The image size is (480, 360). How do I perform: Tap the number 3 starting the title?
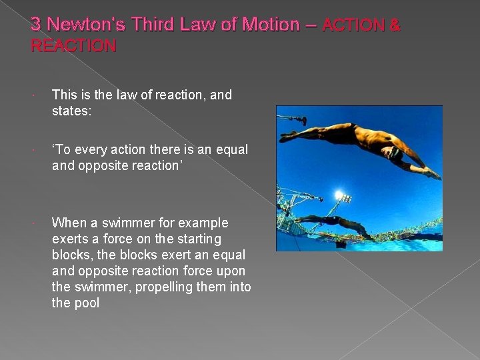point(35,25)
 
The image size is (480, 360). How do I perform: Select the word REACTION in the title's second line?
point(73,46)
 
